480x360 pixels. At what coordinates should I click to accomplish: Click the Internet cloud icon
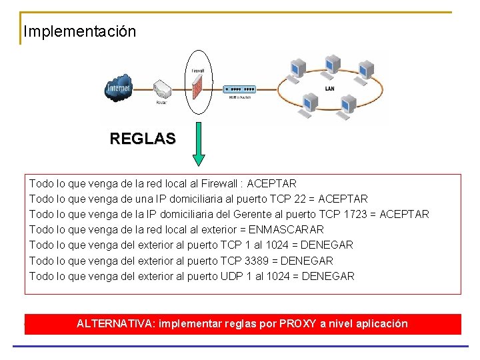click(x=119, y=89)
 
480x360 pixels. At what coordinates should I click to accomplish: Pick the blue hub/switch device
click(x=240, y=89)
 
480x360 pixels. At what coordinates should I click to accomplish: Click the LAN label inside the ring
click(x=330, y=88)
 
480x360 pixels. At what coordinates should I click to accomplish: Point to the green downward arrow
click(x=198, y=144)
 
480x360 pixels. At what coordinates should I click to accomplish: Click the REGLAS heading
click(x=143, y=139)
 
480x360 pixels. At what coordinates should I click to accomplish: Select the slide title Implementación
click(x=79, y=31)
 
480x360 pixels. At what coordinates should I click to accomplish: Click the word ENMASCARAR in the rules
click(x=286, y=229)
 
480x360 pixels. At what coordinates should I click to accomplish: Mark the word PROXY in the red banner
click(x=298, y=324)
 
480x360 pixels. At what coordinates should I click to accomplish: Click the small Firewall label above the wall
click(x=198, y=70)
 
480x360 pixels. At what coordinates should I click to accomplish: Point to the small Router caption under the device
click(x=162, y=103)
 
